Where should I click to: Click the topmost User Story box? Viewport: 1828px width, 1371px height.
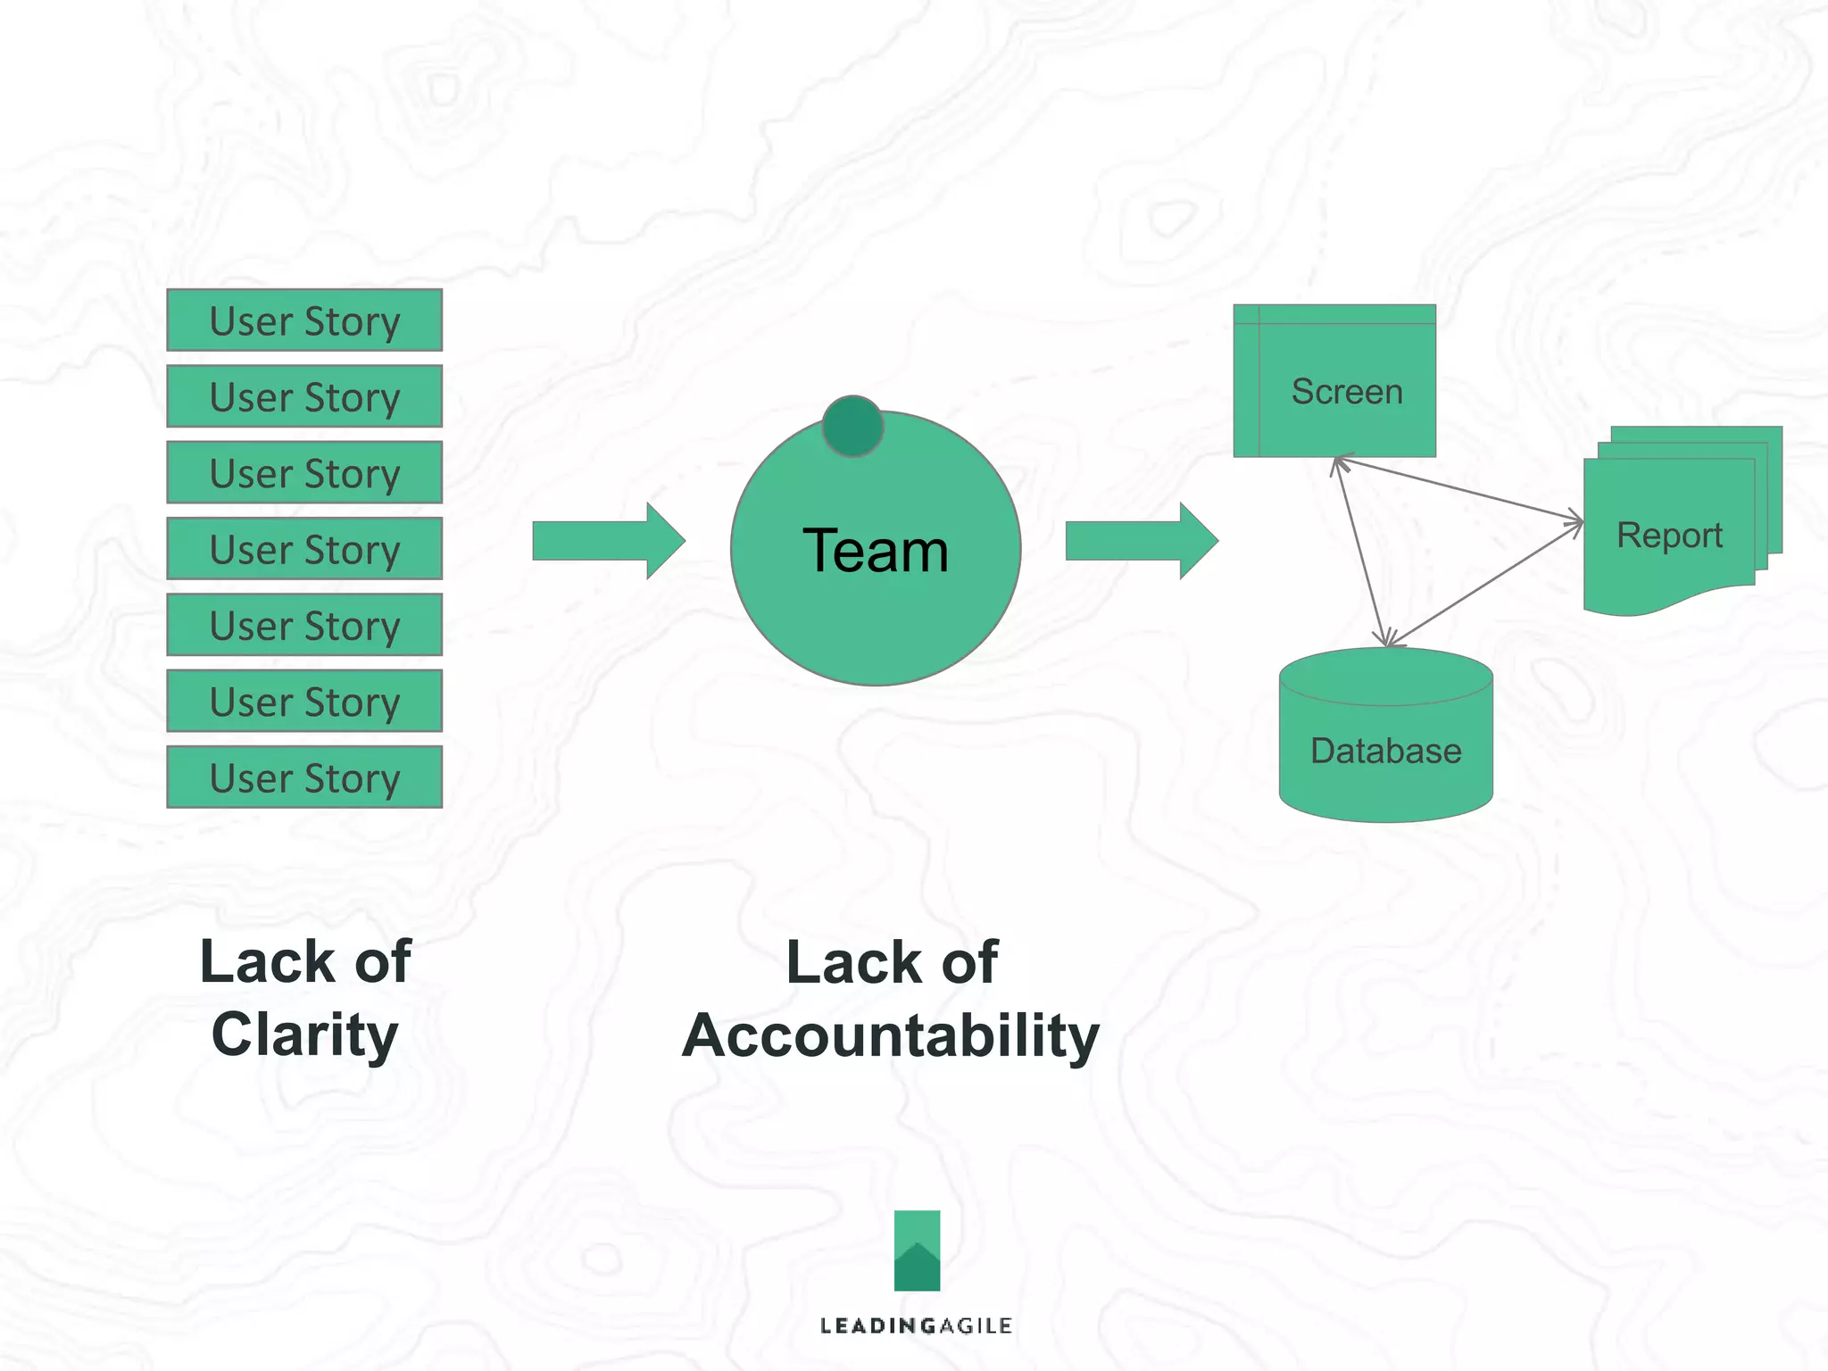click(x=304, y=320)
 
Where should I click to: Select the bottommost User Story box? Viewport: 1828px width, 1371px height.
click(x=304, y=777)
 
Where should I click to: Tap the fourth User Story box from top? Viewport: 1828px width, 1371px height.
click(x=304, y=549)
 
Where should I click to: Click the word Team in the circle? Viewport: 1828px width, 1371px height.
click(x=875, y=551)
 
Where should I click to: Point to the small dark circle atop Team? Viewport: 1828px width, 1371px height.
click(x=852, y=427)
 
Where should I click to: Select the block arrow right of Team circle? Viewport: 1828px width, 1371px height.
click(x=1142, y=541)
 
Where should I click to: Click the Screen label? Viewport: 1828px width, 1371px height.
click(x=1347, y=392)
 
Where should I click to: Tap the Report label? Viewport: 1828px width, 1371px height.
click(x=1669, y=536)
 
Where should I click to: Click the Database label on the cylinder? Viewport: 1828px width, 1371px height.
click(x=1385, y=752)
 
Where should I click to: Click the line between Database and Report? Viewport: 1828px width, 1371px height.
click(x=1485, y=584)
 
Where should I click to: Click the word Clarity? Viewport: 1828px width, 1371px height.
click(x=304, y=1035)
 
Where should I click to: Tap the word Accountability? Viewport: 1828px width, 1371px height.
click(x=891, y=1036)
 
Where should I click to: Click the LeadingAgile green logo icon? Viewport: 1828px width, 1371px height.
click(x=917, y=1251)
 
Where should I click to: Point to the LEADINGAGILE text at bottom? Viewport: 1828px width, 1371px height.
click(x=916, y=1325)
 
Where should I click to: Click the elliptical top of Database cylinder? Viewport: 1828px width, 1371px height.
click(x=1385, y=677)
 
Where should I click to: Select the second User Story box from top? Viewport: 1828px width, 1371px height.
click(x=304, y=396)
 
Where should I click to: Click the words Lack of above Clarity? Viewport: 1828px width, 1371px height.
click(x=304, y=962)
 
